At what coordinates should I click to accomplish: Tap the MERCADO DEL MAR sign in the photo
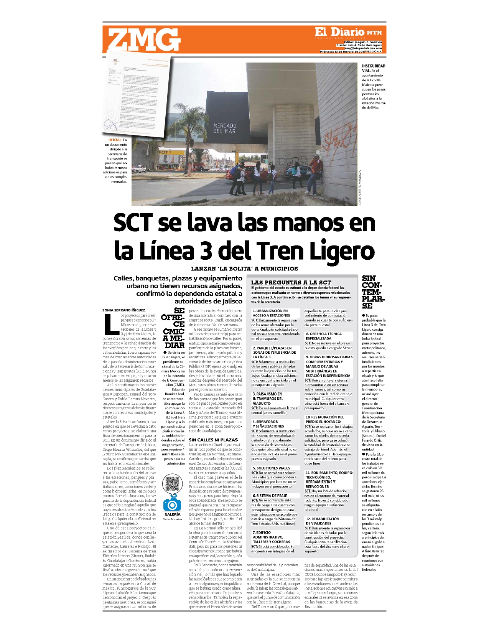225,128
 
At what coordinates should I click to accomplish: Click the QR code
172,484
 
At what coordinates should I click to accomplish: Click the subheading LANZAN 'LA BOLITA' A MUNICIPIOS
244,269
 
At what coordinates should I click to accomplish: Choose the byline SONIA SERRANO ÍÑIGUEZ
124,310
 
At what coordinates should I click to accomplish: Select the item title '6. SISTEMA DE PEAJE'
270,496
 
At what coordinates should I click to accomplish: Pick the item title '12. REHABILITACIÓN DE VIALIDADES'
322,521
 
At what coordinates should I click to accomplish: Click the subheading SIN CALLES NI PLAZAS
213,440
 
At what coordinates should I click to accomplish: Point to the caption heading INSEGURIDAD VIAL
373,68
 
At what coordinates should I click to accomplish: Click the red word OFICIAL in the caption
115,140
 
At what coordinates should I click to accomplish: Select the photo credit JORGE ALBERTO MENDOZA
360,188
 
